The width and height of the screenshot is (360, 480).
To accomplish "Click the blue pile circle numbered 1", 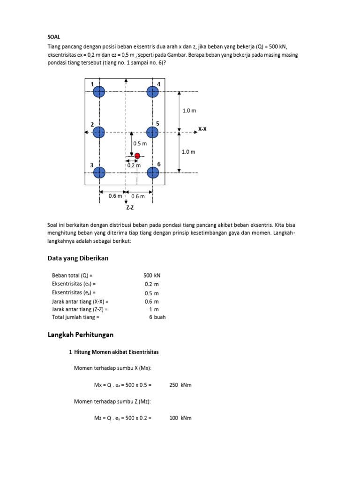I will click(x=99, y=92).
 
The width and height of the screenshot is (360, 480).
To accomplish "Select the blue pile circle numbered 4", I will click(x=152, y=92).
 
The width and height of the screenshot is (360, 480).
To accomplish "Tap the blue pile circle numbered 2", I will click(x=99, y=132).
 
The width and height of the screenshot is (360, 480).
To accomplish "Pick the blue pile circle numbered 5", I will click(x=152, y=132).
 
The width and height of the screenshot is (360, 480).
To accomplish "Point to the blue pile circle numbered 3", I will click(x=99, y=172).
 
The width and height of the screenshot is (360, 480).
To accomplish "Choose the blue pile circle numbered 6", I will click(x=152, y=172).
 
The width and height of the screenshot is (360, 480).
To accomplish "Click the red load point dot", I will click(x=137, y=156).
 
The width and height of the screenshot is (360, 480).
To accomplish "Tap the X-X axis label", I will click(x=202, y=128).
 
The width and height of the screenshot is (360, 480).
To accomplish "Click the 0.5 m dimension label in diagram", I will click(x=140, y=144).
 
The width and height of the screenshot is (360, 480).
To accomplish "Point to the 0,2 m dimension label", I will click(x=134, y=165).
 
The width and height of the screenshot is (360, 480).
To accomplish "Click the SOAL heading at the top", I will click(x=54, y=37).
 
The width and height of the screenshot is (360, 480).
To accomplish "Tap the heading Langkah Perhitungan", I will click(x=81, y=335).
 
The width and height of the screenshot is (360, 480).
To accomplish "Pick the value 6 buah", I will click(x=157, y=317).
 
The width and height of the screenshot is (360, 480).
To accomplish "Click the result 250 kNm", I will click(x=180, y=385).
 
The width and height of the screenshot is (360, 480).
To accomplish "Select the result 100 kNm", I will click(x=180, y=418).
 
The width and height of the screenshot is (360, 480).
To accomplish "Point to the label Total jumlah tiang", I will click(x=75, y=317).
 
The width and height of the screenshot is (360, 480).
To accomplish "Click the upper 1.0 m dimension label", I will click(x=189, y=111).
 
